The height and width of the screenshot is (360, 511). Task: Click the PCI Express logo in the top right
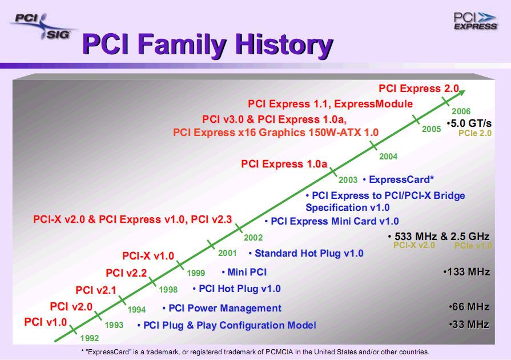475,21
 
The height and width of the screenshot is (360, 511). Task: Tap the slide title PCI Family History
208,45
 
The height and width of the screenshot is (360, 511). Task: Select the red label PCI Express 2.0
419,89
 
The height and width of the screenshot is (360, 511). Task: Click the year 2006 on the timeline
461,111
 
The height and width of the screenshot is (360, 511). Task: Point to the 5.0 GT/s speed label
469,123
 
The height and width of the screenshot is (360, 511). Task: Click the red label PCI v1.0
46,322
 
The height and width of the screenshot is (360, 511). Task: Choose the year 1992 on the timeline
90,338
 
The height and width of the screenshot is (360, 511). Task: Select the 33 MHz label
469,325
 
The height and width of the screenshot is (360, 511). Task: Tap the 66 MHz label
469,307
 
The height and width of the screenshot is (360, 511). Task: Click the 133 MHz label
466,272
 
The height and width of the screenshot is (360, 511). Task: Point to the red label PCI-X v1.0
148,256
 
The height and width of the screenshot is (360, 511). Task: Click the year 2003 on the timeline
348,180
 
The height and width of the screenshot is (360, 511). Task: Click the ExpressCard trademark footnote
255,352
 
